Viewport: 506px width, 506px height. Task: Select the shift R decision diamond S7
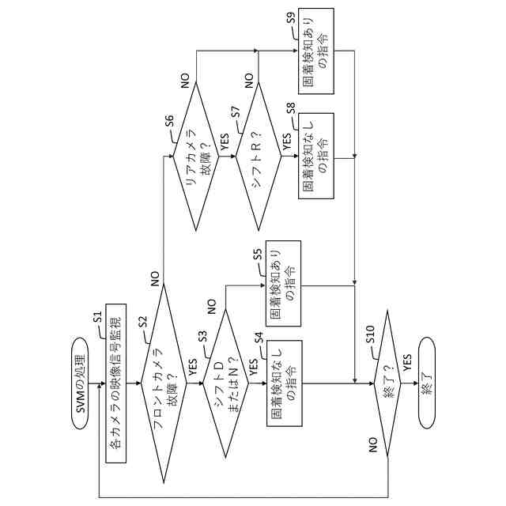(259, 159)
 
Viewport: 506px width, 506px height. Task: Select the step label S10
(376, 335)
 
